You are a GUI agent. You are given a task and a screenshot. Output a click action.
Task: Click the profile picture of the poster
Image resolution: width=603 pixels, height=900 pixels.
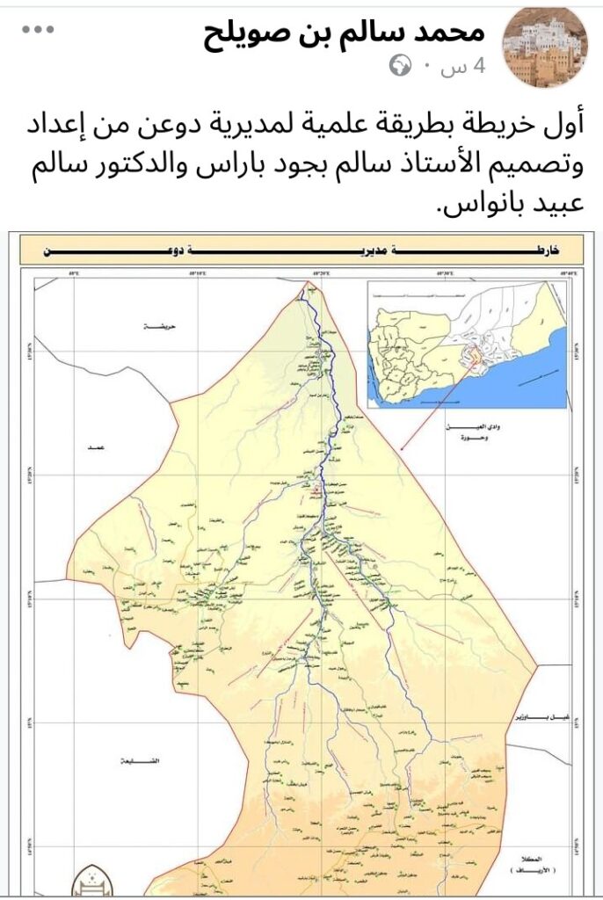[x=543, y=47]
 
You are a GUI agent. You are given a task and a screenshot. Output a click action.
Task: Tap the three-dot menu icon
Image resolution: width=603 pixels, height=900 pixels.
[x=38, y=31]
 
